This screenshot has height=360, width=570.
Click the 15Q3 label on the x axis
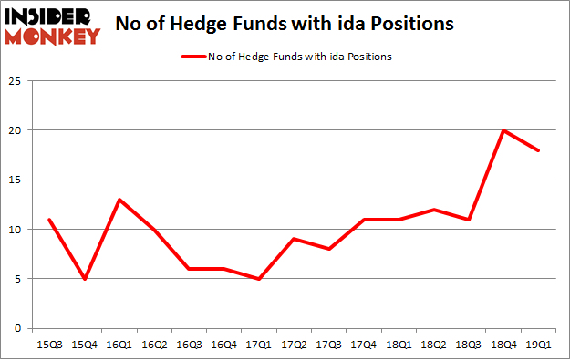click(47, 344)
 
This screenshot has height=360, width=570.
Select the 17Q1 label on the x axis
click(258, 344)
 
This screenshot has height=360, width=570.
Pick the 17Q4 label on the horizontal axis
click(363, 344)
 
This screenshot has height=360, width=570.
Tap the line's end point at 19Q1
click(539, 150)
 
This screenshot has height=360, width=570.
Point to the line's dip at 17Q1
click(258, 279)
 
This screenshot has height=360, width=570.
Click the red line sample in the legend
click(195, 57)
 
